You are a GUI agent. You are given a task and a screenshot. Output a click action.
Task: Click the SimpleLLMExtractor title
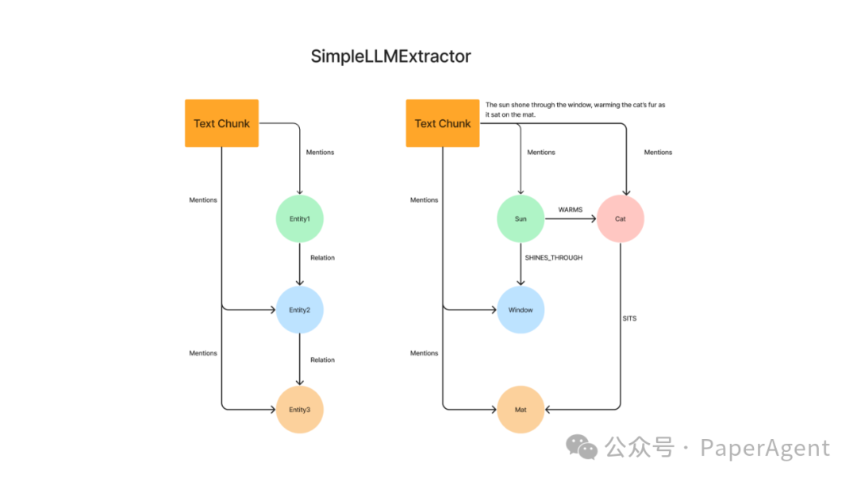(390, 56)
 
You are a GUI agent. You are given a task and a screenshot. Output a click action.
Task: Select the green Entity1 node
(299, 218)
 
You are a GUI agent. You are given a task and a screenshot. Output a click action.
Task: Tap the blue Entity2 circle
(299, 310)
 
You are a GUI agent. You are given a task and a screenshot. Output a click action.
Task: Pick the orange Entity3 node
(299, 410)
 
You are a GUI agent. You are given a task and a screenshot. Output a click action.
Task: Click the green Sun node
(521, 218)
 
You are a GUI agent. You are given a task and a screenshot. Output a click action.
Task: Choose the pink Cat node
(620, 218)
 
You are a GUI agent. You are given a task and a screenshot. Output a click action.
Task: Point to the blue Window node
(521, 310)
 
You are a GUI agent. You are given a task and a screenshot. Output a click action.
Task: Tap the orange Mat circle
(521, 410)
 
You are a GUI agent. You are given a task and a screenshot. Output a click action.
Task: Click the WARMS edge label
(570, 210)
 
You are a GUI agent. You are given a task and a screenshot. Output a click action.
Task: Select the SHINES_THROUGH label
(553, 258)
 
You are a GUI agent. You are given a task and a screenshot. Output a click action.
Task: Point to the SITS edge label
(629, 318)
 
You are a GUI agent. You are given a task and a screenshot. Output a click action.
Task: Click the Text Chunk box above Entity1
(221, 123)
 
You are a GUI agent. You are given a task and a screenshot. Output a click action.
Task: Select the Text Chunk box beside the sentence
(443, 123)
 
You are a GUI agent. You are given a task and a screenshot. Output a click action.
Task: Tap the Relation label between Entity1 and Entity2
(322, 258)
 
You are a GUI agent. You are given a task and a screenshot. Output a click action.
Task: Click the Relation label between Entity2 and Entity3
(322, 360)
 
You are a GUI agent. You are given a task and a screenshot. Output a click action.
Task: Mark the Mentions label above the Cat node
(658, 152)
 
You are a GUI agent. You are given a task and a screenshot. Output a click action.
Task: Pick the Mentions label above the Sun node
(541, 152)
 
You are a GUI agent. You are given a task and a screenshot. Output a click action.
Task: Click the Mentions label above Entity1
(320, 152)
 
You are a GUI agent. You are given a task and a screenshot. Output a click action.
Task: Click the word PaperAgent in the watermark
(764, 449)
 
